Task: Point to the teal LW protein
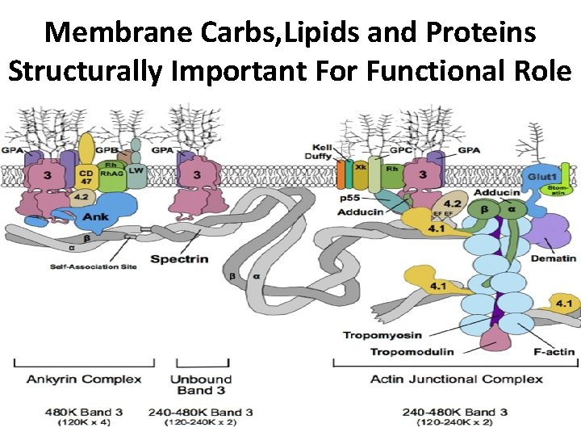click(136, 171)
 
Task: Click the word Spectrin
click(179, 259)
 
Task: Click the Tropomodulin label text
click(412, 351)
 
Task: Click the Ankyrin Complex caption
click(84, 379)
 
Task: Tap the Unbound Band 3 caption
click(201, 384)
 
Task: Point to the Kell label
click(322, 149)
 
